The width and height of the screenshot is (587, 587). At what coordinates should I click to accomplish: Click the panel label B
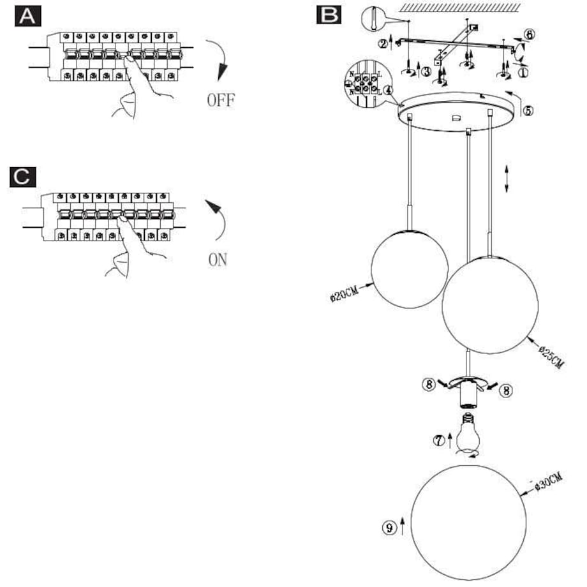coord(329,14)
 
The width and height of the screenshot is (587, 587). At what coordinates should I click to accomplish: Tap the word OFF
coord(221,100)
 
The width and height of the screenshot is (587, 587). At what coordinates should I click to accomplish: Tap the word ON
coord(218,260)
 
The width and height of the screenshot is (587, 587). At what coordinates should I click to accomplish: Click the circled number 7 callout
coord(438,439)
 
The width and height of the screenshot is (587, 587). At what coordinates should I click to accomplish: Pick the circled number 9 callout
coord(389,527)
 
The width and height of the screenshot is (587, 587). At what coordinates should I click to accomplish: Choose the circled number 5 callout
coord(528,110)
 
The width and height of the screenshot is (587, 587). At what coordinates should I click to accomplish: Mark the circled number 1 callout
coord(523,73)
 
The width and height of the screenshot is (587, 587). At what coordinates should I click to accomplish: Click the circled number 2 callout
coord(382,43)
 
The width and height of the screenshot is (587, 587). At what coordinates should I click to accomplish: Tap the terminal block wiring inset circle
coord(365,82)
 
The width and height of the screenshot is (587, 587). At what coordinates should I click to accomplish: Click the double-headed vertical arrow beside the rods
coord(507,178)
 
